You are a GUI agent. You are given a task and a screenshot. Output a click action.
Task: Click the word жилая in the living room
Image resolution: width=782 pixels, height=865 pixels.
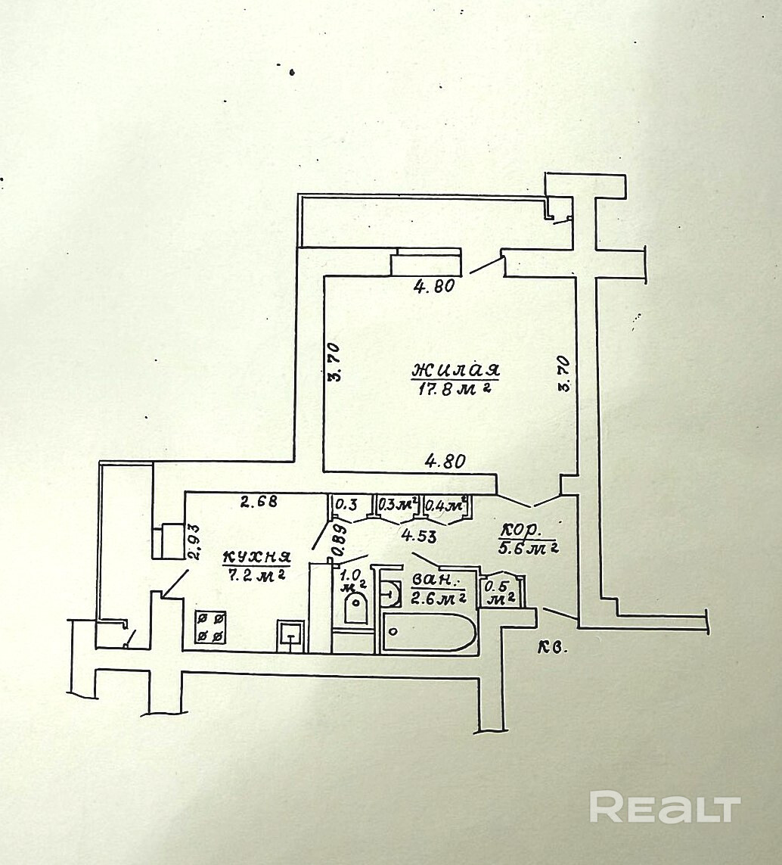pyautogui.click(x=456, y=371)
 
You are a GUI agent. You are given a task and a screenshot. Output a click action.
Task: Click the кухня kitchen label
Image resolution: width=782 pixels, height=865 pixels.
pyautogui.click(x=257, y=558)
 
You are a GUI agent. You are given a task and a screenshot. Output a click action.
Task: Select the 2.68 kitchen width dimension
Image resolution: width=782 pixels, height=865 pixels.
pyautogui.click(x=259, y=500)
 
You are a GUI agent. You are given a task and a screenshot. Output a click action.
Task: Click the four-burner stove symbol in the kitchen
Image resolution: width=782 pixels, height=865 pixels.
pyautogui.click(x=211, y=627)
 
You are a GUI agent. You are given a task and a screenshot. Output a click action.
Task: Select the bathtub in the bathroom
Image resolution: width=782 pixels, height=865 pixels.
pyautogui.click(x=430, y=633)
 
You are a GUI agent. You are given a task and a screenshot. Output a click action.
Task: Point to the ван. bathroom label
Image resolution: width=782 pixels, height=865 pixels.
pyautogui.click(x=435, y=581)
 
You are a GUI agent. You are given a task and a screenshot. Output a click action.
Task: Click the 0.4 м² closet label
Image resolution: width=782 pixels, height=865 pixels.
pyautogui.click(x=445, y=504)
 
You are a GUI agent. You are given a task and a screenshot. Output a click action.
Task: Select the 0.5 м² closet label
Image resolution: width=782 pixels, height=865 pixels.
pyautogui.click(x=498, y=593)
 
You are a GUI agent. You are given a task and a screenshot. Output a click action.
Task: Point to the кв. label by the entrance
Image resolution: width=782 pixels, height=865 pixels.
pyautogui.click(x=553, y=648)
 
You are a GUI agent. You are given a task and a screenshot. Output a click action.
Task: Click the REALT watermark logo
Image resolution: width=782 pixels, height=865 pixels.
pyautogui.click(x=664, y=807)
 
